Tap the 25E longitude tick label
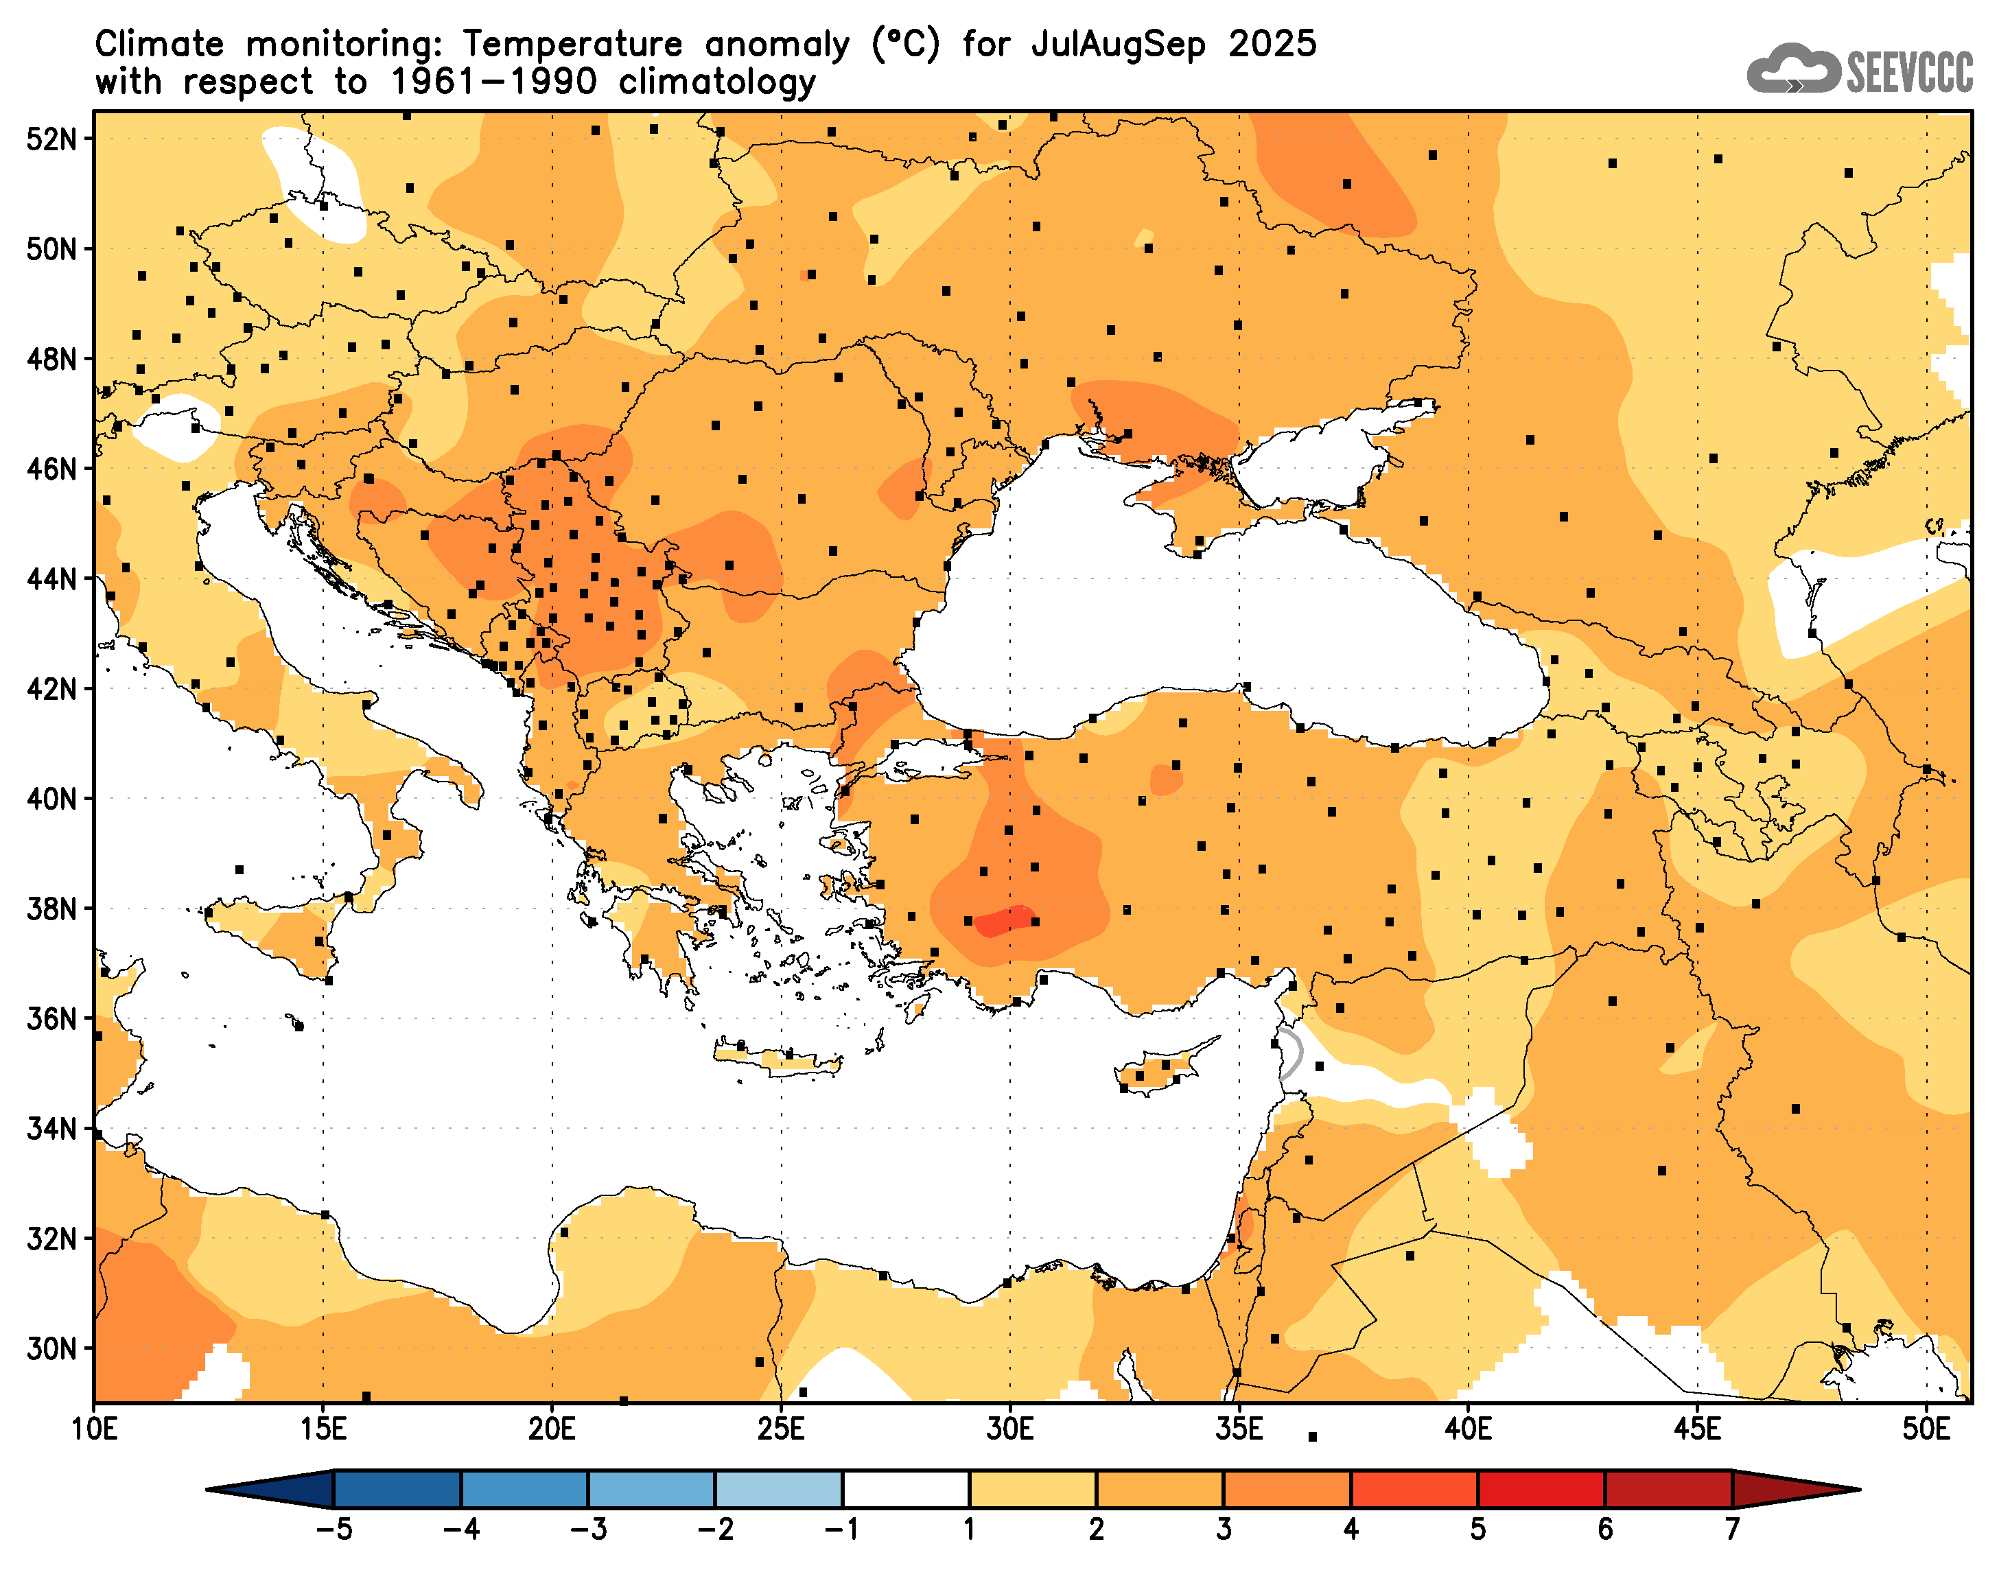[x=781, y=1429]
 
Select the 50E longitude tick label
[x=1926, y=1429]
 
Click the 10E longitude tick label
[x=95, y=1429]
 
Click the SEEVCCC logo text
[x=1909, y=71]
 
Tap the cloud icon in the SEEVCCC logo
[x=1792, y=69]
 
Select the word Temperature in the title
[x=572, y=44]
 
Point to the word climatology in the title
[x=717, y=83]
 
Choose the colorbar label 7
[x=1731, y=1530]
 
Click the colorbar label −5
[x=333, y=1530]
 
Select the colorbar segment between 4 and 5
[x=1414, y=1489]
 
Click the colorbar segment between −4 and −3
[x=524, y=1489]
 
